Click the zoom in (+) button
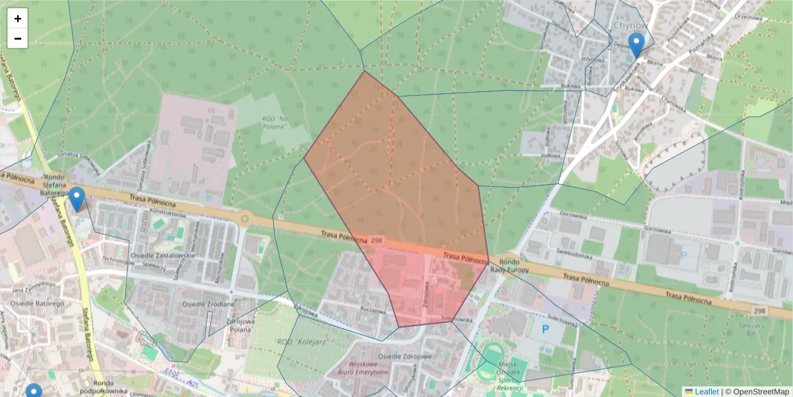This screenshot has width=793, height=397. click(18, 19)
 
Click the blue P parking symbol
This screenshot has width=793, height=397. click(545, 329)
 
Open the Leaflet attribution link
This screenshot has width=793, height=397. click(706, 392)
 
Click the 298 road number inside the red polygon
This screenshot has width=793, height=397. click(376, 240)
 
